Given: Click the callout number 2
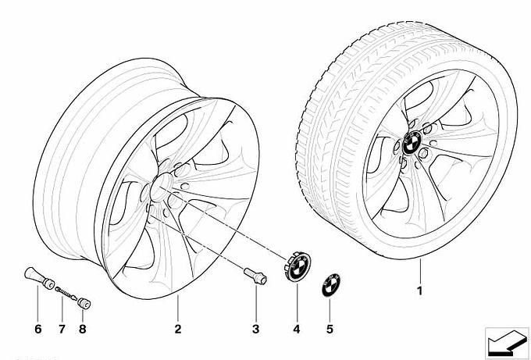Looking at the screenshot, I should [x=177, y=328].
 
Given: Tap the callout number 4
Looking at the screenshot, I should [x=297, y=328].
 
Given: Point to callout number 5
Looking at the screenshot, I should [x=330, y=328].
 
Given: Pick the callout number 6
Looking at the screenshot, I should [x=37, y=328].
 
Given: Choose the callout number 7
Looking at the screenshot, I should [x=60, y=328].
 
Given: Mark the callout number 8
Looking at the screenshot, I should [x=82, y=328].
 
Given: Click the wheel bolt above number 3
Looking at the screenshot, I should [x=254, y=276].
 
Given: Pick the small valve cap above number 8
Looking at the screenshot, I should [x=85, y=301].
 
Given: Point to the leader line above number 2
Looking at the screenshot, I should [x=177, y=309].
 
